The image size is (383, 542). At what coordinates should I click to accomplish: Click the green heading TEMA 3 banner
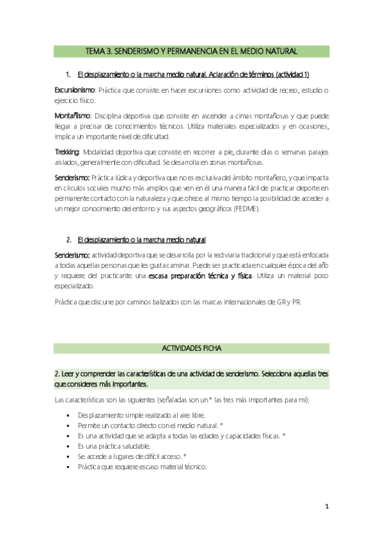[191, 50]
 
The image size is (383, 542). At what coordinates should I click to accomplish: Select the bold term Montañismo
[72, 116]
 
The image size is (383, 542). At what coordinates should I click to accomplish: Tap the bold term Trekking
[66, 151]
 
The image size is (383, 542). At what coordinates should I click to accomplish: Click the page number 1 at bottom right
[326, 507]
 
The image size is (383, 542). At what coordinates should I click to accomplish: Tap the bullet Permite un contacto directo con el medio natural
[148, 425]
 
